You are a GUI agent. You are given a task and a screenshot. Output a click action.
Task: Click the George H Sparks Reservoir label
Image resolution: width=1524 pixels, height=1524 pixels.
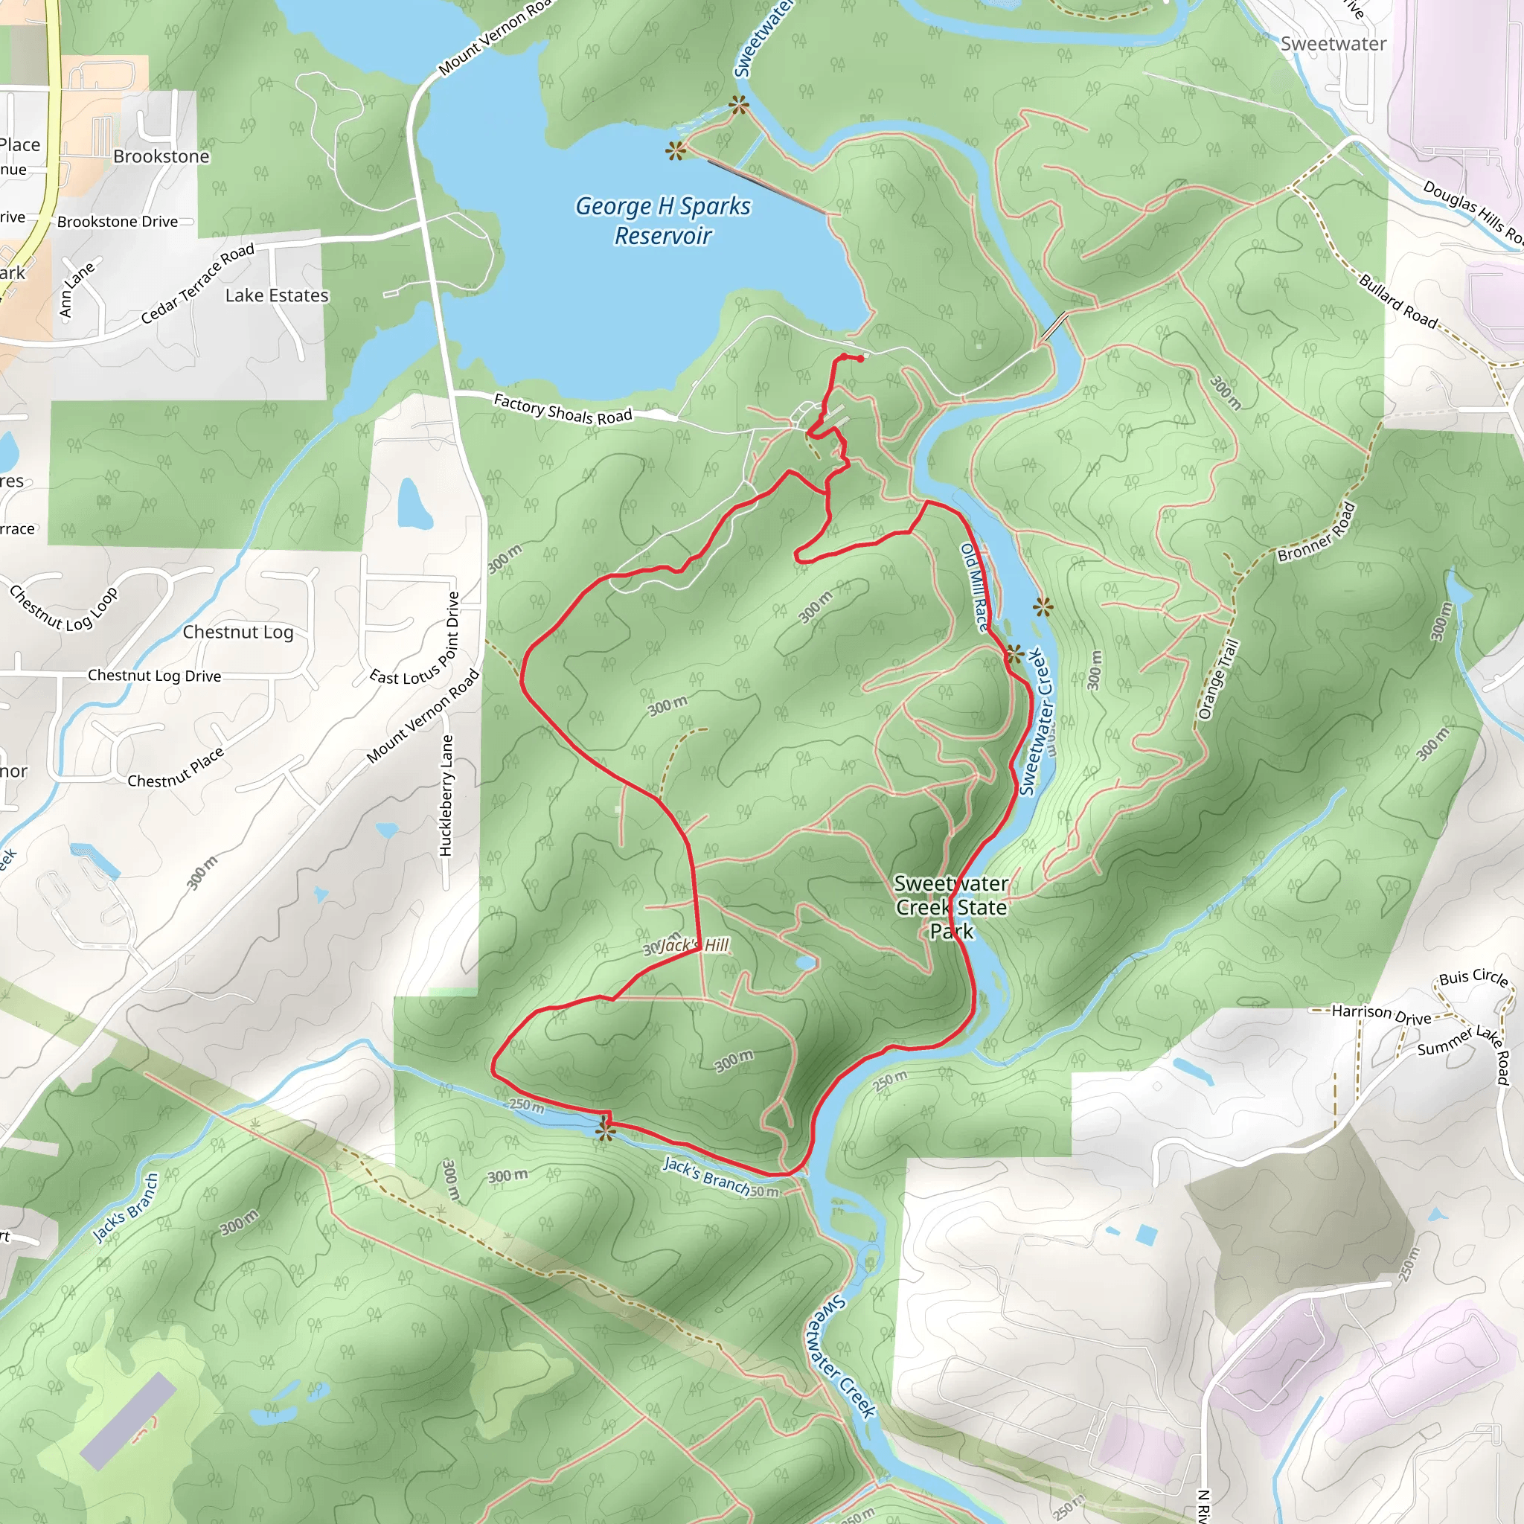point(662,220)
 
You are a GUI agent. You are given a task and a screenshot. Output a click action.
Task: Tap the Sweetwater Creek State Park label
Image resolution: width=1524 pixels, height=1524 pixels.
point(951,907)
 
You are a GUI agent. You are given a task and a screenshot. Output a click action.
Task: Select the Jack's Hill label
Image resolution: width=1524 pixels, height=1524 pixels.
point(694,945)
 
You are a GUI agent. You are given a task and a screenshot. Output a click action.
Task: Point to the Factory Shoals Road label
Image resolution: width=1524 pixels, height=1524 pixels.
point(563,409)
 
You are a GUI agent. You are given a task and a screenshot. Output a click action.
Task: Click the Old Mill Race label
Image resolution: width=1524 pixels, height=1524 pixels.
point(974,587)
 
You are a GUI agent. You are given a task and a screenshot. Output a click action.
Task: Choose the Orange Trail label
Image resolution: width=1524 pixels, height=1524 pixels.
point(1218,679)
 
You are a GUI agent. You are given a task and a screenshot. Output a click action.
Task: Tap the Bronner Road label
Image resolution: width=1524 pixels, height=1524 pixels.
point(1316,533)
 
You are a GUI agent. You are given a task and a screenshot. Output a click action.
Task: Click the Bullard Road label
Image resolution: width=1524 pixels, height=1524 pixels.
point(1397,300)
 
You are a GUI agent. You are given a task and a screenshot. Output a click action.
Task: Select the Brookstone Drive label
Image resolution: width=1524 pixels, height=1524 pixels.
point(118,222)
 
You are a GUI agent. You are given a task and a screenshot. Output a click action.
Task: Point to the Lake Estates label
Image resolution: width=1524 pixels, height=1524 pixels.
point(277,296)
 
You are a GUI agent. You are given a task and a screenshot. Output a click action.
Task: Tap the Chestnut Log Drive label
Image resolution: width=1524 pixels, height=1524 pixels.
point(155,675)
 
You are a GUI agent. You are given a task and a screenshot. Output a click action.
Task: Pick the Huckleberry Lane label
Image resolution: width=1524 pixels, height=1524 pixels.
point(446,795)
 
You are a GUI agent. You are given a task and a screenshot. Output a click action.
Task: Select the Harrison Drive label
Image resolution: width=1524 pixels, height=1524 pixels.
point(1381,1014)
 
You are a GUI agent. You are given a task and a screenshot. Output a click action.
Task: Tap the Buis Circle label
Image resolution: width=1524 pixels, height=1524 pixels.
point(1473,977)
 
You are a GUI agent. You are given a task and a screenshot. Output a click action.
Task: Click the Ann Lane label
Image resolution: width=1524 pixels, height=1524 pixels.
point(77,289)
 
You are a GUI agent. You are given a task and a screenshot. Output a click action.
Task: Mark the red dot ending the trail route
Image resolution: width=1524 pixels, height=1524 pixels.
point(859,358)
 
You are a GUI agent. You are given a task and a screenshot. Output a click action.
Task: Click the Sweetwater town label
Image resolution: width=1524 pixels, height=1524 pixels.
point(1333,44)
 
